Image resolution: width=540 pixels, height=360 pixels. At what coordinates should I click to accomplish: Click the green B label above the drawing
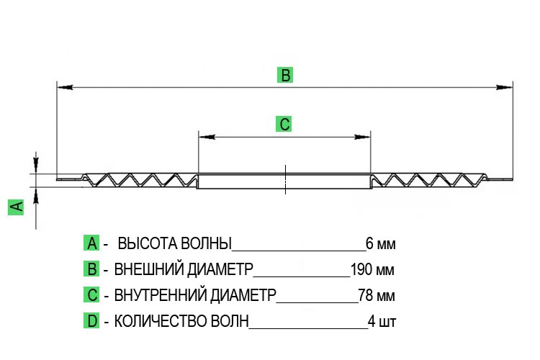coord(285,75)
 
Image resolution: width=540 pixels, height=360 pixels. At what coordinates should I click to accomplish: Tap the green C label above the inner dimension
coord(284,124)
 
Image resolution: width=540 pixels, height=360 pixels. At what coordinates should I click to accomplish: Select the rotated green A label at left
coord(16,207)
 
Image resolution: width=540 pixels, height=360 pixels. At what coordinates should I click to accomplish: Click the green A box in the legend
coord(91,243)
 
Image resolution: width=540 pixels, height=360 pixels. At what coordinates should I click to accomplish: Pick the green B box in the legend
coord(91,269)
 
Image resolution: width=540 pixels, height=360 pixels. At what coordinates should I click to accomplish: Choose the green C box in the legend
coord(91,295)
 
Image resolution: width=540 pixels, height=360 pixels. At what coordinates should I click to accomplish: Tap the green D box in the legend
coord(91,320)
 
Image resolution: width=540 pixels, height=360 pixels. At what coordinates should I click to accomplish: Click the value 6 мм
coord(381,243)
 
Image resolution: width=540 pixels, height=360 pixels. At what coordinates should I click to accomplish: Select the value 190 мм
coord(372,269)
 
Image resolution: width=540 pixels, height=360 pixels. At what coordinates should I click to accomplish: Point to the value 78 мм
coord(377,295)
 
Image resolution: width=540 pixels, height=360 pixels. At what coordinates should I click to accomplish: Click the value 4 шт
coord(382,321)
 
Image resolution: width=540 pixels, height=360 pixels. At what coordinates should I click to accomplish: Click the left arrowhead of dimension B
coord(65,87)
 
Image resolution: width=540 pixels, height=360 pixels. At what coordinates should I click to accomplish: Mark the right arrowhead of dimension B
coord(505,87)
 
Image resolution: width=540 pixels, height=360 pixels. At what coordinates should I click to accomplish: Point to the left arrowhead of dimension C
coord(207,137)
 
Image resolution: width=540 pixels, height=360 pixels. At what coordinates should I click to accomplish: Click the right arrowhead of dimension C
coord(362,137)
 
